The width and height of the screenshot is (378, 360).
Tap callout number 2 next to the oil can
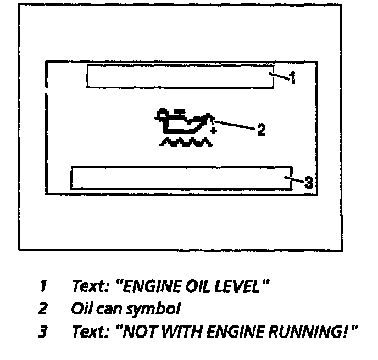[x=262, y=130]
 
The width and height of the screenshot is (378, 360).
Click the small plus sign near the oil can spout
[x=213, y=132]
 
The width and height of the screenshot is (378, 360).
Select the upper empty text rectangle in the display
[x=180, y=76]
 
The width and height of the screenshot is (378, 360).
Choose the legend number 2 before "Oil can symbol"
[x=42, y=308]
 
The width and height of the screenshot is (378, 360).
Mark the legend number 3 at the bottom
[x=42, y=332]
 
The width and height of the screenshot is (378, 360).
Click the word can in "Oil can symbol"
[x=107, y=309]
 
